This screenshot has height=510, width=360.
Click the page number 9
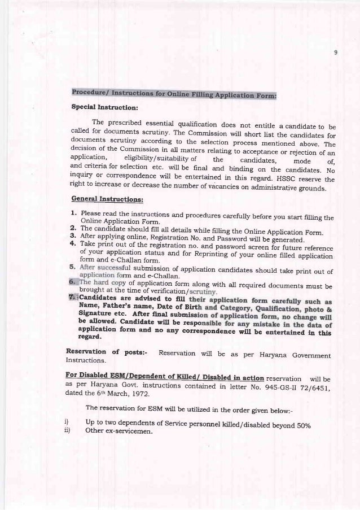[x=335, y=54]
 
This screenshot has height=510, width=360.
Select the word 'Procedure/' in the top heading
[x=91, y=93]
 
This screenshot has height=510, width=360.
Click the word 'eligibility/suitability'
[x=156, y=160]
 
